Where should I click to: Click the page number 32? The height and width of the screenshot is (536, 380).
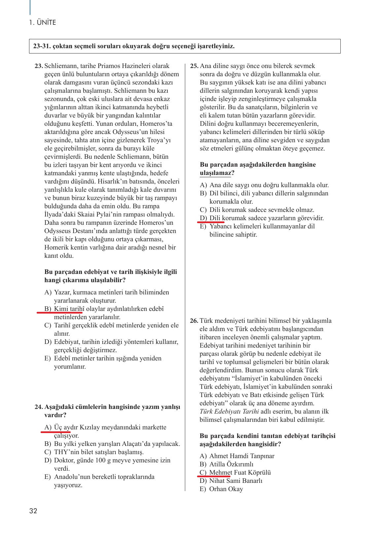click(33, 511)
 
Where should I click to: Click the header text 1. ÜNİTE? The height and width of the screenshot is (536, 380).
click(43, 23)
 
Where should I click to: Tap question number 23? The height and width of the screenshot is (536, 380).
click(39, 66)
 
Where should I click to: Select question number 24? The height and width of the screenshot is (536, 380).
click(39, 407)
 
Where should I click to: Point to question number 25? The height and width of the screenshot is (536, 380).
click(194, 66)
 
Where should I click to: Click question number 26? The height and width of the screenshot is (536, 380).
click(194, 321)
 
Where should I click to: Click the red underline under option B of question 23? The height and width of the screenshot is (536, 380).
click(59, 312)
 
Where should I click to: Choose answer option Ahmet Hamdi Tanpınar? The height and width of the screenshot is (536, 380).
click(242, 456)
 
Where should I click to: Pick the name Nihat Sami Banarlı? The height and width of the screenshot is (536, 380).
click(236, 481)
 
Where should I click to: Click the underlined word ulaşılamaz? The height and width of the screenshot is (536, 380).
click(215, 173)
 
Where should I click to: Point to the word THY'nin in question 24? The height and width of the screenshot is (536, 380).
click(66, 452)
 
